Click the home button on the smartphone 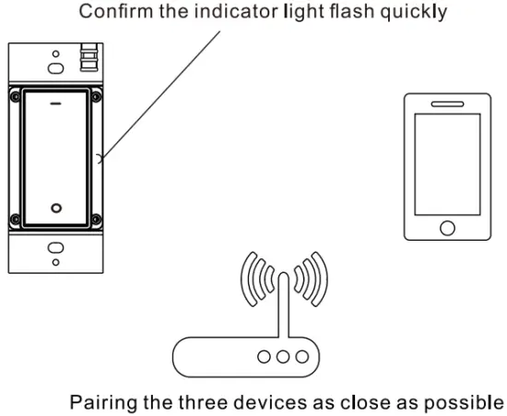coord(447,228)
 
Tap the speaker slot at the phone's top coord(447,102)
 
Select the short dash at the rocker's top coord(55,104)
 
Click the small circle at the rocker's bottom coord(55,208)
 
